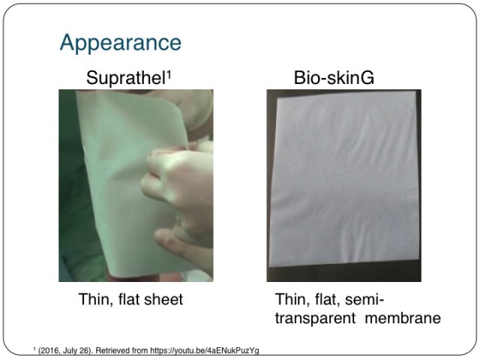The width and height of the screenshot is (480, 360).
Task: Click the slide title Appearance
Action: coord(121,43)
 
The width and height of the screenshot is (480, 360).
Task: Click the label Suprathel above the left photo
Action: coord(126,78)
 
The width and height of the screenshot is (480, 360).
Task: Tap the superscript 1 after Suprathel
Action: coord(168,75)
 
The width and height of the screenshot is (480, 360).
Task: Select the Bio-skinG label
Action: coord(334,78)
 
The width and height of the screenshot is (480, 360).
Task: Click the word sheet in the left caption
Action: coord(163,299)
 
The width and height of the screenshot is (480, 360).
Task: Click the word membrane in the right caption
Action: coord(403,318)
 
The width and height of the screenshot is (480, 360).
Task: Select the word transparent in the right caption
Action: coord(315,318)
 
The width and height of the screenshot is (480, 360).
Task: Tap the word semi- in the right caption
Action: coord(364,299)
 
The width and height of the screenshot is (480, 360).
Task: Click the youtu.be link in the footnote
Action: coord(205,350)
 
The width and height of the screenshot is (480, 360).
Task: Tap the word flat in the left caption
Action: coord(129,299)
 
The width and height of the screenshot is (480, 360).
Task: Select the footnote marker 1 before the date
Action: coord(34,348)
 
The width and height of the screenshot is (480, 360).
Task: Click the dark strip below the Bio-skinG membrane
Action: coord(344,273)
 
